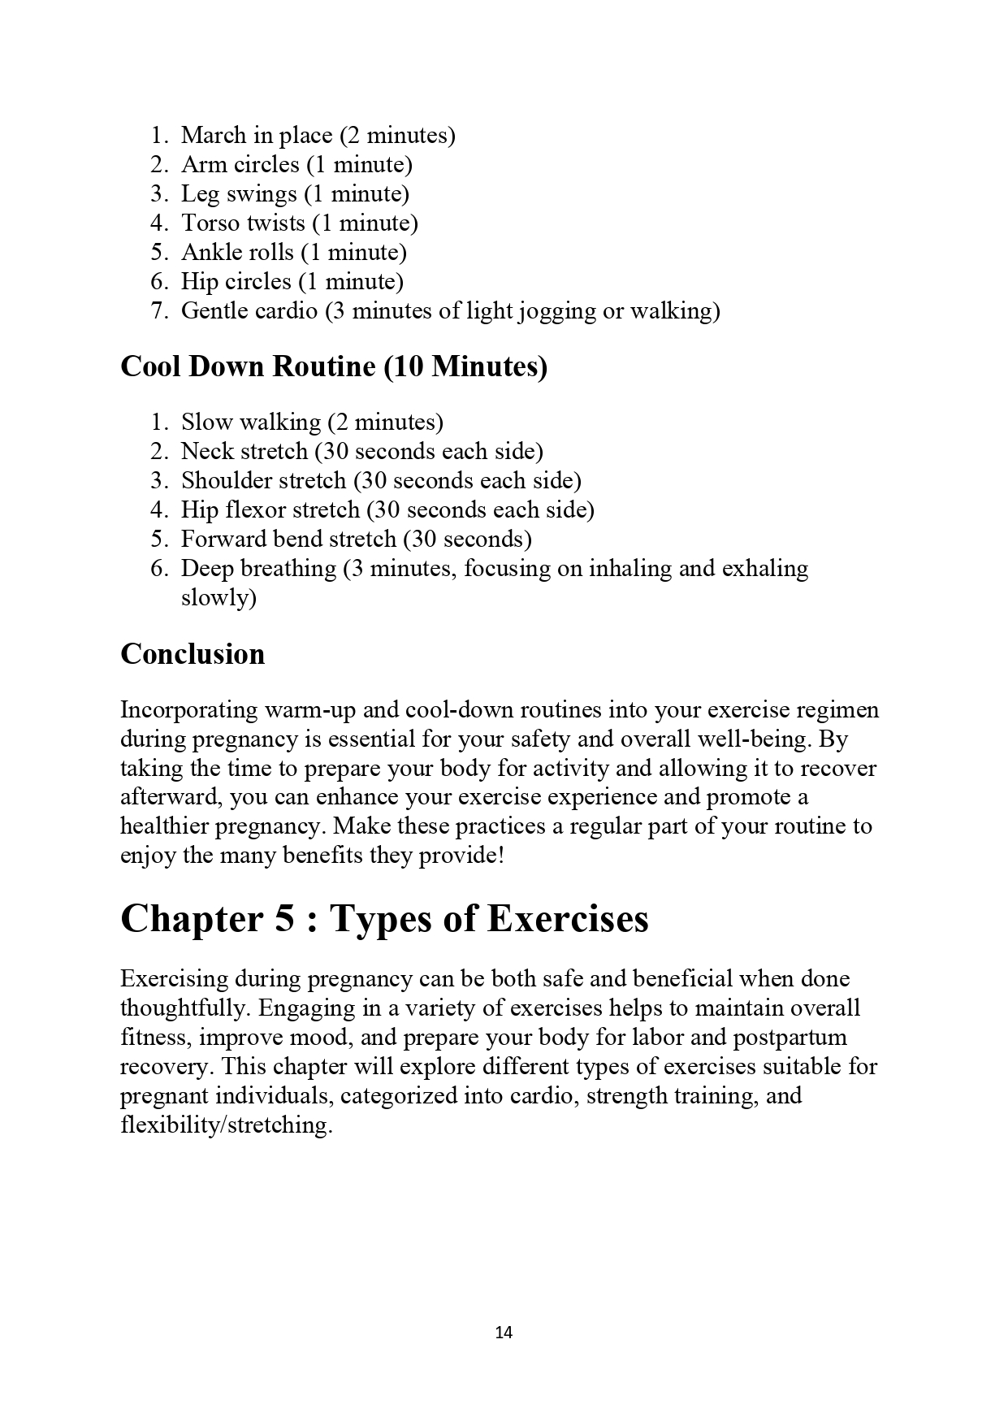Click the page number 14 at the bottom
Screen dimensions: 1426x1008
point(503,1332)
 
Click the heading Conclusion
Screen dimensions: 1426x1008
point(193,654)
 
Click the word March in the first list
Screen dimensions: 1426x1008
point(211,135)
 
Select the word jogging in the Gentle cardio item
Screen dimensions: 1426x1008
point(556,311)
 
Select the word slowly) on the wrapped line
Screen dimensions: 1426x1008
point(218,598)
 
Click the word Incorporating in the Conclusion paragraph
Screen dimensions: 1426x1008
point(189,710)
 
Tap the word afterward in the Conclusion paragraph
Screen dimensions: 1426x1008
point(171,797)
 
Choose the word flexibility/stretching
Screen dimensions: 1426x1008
point(227,1125)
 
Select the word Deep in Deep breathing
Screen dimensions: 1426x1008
point(202,569)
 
